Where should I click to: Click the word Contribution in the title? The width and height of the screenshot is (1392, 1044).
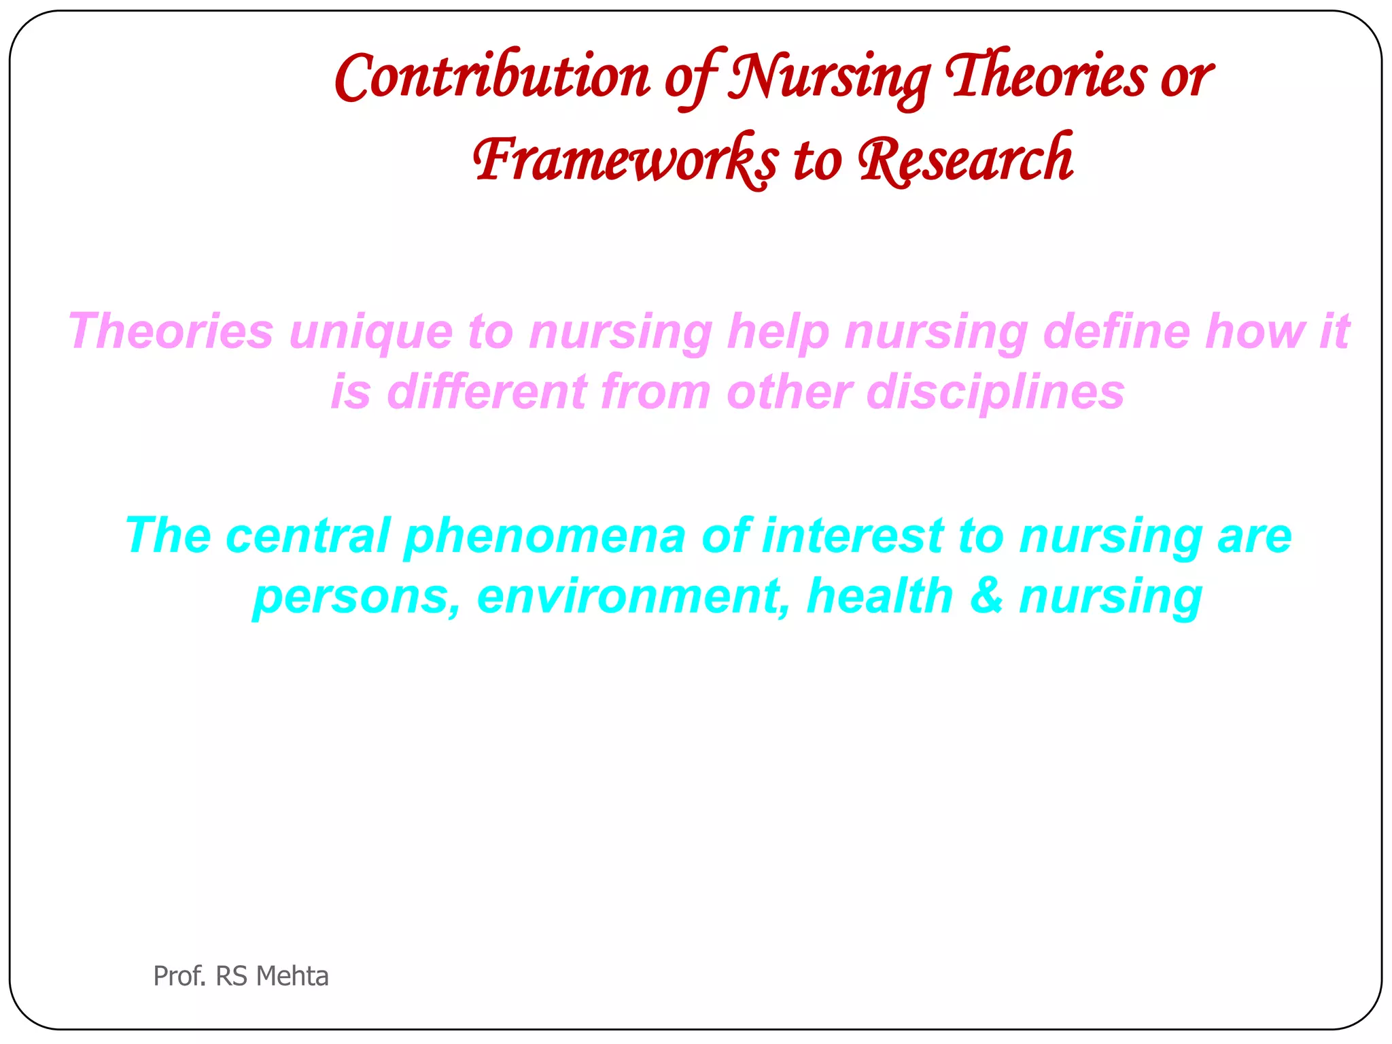click(492, 77)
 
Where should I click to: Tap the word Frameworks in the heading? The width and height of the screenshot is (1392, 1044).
click(625, 160)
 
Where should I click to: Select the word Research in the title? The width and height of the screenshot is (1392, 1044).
click(966, 160)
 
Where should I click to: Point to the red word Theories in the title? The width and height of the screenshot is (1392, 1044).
click(1047, 77)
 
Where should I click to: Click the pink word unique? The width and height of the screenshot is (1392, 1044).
click(371, 332)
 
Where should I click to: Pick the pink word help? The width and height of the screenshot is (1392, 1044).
click(778, 332)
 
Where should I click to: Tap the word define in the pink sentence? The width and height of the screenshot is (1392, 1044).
click(1115, 332)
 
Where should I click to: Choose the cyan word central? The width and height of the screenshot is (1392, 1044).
click(308, 536)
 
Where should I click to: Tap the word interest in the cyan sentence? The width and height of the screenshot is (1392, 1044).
click(852, 536)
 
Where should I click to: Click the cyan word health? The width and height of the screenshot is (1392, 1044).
click(880, 595)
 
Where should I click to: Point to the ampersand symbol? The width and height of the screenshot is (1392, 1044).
click(986, 595)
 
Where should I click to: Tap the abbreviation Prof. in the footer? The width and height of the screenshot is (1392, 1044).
click(179, 976)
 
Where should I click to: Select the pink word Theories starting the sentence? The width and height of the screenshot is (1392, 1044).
click(171, 332)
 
